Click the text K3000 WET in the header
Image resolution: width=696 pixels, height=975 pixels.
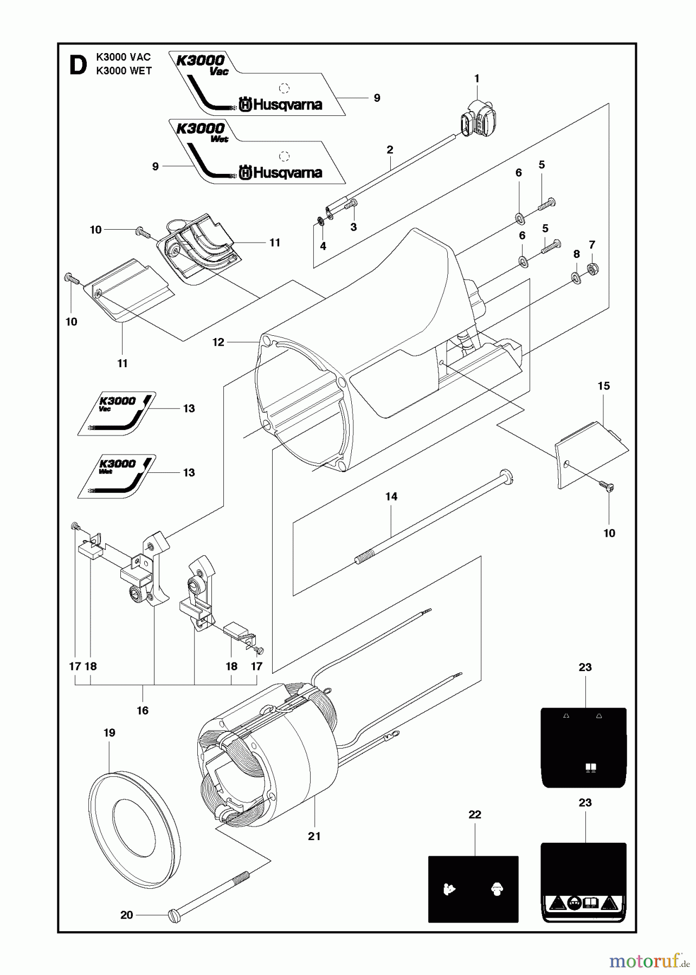tap(124, 71)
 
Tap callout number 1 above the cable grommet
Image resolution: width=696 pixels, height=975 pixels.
tap(477, 79)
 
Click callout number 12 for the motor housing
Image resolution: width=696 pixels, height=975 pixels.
tap(218, 342)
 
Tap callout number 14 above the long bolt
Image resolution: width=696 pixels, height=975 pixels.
tap(391, 497)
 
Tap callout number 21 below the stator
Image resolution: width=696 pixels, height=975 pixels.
tap(314, 836)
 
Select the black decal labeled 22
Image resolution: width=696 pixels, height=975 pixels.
tap(473, 889)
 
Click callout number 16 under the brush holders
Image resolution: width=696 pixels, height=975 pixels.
tap(143, 711)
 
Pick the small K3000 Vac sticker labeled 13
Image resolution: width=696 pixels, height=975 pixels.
tap(117, 414)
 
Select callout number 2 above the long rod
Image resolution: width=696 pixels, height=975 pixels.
tap(390, 150)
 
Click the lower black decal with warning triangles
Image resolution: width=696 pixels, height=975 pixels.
tap(584, 882)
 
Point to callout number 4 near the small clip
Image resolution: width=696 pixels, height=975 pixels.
tap(323, 246)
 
